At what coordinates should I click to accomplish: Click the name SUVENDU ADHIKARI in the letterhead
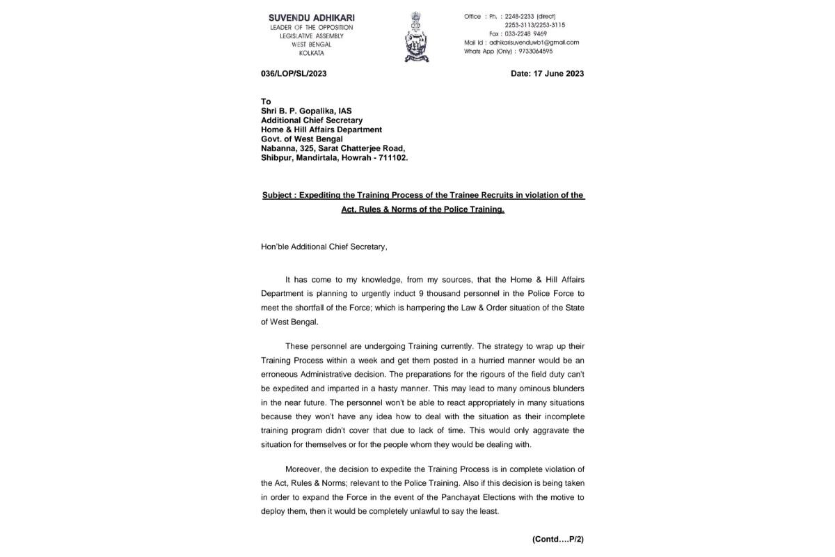click(307, 17)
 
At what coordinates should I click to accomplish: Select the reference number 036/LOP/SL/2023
click(294, 73)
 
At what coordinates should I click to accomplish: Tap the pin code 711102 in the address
click(393, 157)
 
